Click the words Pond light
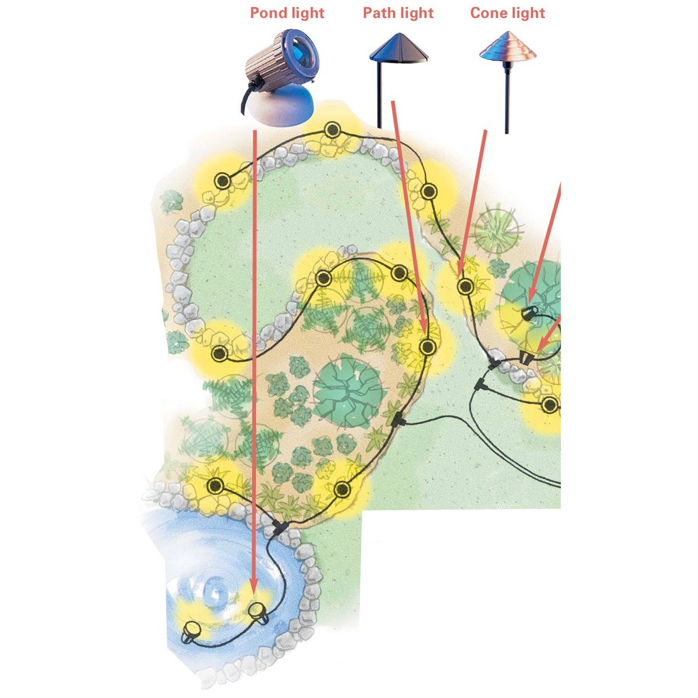point(287,13)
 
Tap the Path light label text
point(398,13)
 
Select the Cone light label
point(507,13)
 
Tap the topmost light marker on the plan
point(332,130)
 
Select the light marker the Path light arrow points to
point(428,347)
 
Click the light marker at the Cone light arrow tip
point(465,286)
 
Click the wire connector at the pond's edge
point(279,529)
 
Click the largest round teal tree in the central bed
point(348,387)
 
